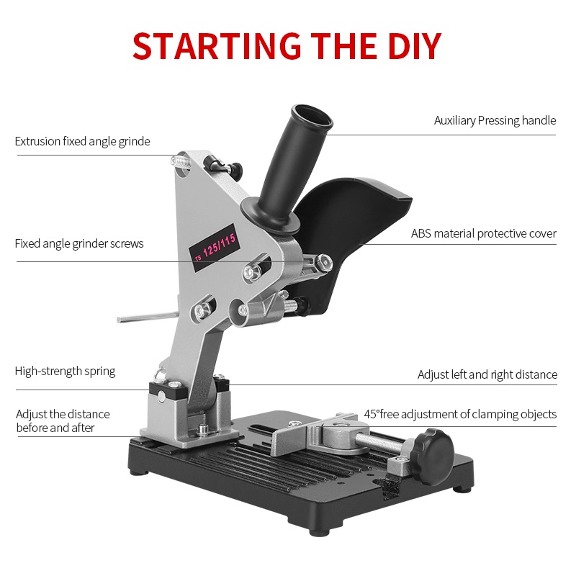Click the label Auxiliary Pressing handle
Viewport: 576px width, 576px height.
495,120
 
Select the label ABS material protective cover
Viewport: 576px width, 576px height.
483,233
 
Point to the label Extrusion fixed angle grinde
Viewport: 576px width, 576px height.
82,141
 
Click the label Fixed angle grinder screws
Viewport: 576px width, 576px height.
79,243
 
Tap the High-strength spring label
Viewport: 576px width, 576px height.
65,372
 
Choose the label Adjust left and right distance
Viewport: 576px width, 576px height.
487,374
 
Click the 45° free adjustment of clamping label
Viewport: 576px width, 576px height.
460,414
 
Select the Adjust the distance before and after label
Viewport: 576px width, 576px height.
63,421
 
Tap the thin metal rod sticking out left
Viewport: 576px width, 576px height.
144,316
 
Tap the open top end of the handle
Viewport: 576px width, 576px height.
310,117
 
